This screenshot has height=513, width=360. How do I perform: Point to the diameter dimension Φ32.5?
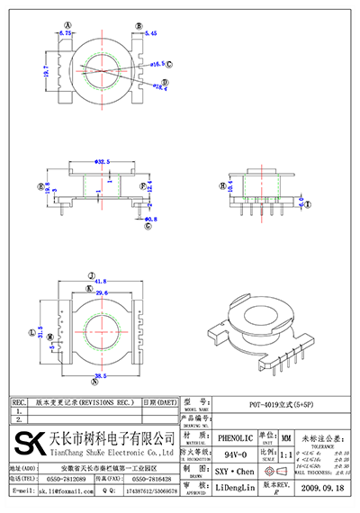(x=103, y=161)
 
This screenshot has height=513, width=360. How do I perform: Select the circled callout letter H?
(x=222, y=186)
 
